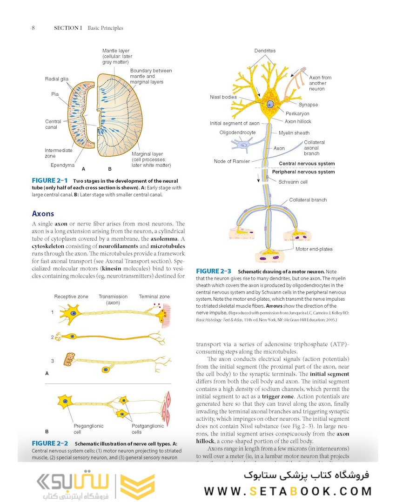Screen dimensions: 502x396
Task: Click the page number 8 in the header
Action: pos(34,28)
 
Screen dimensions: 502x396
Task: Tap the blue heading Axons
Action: pos(43,214)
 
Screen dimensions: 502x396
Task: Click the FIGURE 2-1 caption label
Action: pos(50,180)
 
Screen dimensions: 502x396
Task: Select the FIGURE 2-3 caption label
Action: pos(214,271)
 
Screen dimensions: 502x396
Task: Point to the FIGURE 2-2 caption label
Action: pos(50,443)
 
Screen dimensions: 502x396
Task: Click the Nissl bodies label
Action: pos(223,97)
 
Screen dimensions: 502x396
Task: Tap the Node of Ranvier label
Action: pos(229,161)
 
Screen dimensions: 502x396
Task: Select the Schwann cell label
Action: pos(293,182)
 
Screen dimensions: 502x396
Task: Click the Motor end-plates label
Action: pos(314,249)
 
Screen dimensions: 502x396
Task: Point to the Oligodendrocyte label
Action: pos(237,132)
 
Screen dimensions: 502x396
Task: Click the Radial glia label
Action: pos(57,79)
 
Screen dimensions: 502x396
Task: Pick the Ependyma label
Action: pos(62,165)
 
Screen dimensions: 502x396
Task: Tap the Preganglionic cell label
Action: pos(88,429)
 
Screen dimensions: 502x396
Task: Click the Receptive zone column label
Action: pos(71,297)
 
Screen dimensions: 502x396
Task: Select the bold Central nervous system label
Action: pos(307,164)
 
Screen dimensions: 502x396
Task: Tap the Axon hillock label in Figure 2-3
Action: pos(298,121)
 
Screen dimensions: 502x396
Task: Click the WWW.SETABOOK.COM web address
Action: pos(288,491)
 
